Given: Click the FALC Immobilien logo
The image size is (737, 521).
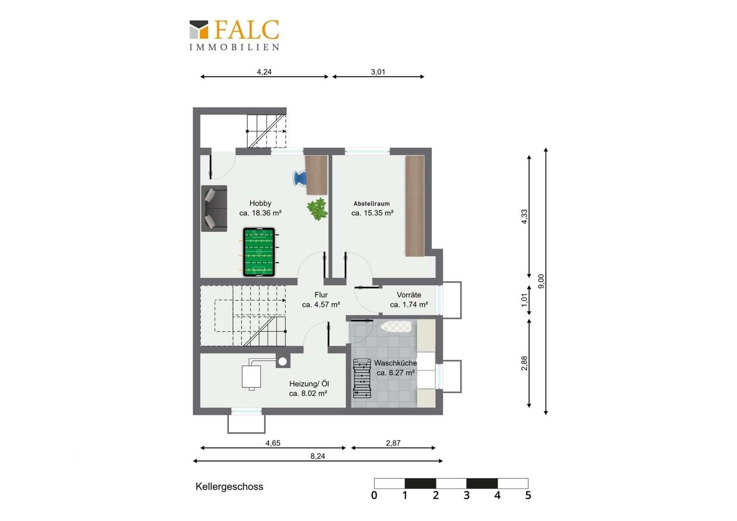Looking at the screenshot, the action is tap(234, 35).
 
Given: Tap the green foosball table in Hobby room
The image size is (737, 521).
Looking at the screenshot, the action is tap(259, 252).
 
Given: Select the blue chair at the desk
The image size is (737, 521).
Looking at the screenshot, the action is tap(300, 178).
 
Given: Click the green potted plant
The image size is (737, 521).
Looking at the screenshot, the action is tap(317, 209).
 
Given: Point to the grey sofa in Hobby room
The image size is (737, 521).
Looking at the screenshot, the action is tap(214, 208).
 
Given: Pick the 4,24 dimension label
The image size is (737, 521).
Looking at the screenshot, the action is tap(264, 72).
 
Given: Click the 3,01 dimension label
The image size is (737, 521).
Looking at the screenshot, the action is tap(378, 72).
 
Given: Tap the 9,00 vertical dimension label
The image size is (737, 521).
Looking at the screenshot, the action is tap(541, 281).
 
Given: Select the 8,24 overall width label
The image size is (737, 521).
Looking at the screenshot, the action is tap(317, 456).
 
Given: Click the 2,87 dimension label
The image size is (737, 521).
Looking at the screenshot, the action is tap(393, 443).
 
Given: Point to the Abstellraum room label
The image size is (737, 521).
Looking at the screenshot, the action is tap(371, 204).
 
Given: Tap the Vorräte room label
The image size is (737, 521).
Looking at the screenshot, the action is tap(409, 295).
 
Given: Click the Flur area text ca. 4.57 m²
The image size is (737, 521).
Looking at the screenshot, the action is tap(321, 305).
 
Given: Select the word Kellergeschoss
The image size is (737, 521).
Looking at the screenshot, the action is tap(229, 486).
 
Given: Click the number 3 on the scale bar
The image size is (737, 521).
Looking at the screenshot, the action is tap(466, 495).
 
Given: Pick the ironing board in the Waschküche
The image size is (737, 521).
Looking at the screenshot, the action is tap(396, 326).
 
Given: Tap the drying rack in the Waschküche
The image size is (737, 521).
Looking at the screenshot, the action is tap(362, 378).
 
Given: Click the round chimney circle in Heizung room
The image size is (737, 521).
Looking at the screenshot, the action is tap(282, 361).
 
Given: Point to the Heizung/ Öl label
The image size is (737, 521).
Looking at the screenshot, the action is tap(309, 384).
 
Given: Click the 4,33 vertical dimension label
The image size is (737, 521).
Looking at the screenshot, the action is tap(524, 216).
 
